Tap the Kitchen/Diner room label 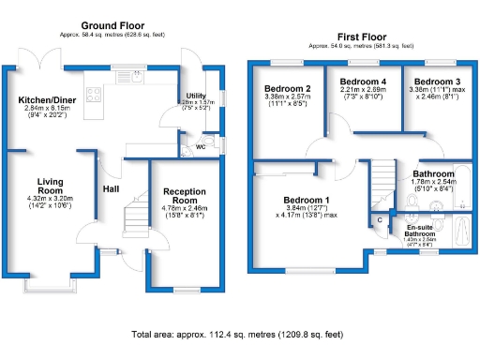pos(47,97)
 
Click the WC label pos(201,147)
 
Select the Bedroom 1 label pos(307,201)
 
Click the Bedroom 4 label pos(362,82)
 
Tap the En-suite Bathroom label pos(426,229)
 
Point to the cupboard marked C pos(380,220)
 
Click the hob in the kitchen pos(95,92)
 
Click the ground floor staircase pos(136,218)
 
